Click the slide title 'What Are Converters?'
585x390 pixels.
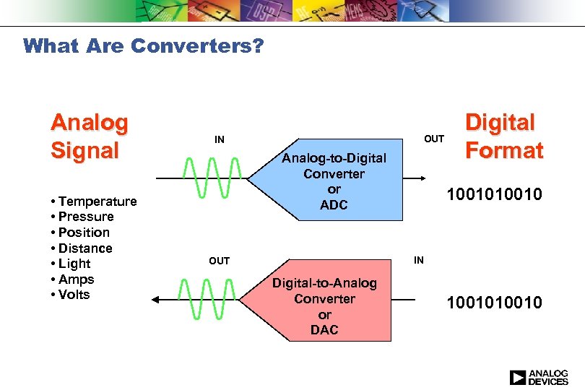(x=144, y=47)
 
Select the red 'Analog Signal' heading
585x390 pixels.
(x=89, y=136)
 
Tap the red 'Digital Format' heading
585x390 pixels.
(x=503, y=136)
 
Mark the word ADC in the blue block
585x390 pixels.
(x=334, y=205)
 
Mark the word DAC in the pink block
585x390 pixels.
(x=324, y=330)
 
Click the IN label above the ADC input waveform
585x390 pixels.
(x=219, y=139)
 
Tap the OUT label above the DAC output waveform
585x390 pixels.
(x=219, y=261)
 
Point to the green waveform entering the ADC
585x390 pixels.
(x=212, y=178)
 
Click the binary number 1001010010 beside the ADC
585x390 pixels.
(x=493, y=196)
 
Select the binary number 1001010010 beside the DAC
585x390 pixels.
(x=493, y=303)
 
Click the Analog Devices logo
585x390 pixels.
(x=538, y=377)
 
